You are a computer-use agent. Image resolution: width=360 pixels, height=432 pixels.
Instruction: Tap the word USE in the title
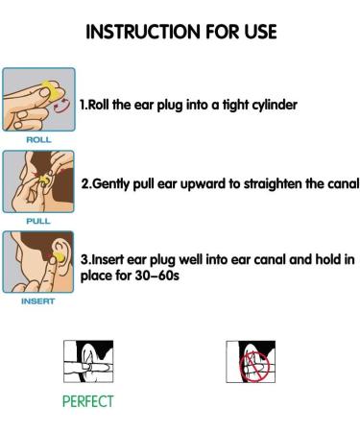pyautogui.click(x=261, y=32)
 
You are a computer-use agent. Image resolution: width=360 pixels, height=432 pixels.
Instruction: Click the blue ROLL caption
pyautogui.click(x=38, y=140)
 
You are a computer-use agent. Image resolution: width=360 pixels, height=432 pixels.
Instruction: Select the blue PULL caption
pyautogui.click(x=38, y=221)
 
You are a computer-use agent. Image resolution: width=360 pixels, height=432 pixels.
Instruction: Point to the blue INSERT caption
pyautogui.click(x=38, y=301)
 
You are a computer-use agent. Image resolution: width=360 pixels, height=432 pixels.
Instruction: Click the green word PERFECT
pyautogui.click(x=88, y=401)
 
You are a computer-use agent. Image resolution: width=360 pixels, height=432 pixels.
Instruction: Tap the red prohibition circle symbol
pyautogui.click(x=254, y=367)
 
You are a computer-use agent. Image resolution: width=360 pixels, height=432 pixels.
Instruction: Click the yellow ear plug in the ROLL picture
pyautogui.click(x=51, y=90)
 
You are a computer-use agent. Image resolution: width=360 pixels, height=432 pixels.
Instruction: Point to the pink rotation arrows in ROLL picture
pyautogui.click(x=61, y=106)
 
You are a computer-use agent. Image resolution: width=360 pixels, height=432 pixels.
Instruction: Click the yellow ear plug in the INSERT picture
pyautogui.click(x=59, y=257)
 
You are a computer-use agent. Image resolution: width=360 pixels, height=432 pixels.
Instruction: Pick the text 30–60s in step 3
pyautogui.click(x=156, y=276)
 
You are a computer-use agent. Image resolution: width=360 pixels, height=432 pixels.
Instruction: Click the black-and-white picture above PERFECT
pyautogui.click(x=88, y=361)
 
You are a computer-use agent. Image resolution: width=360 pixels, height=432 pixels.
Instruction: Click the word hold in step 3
pyautogui.click(x=328, y=259)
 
